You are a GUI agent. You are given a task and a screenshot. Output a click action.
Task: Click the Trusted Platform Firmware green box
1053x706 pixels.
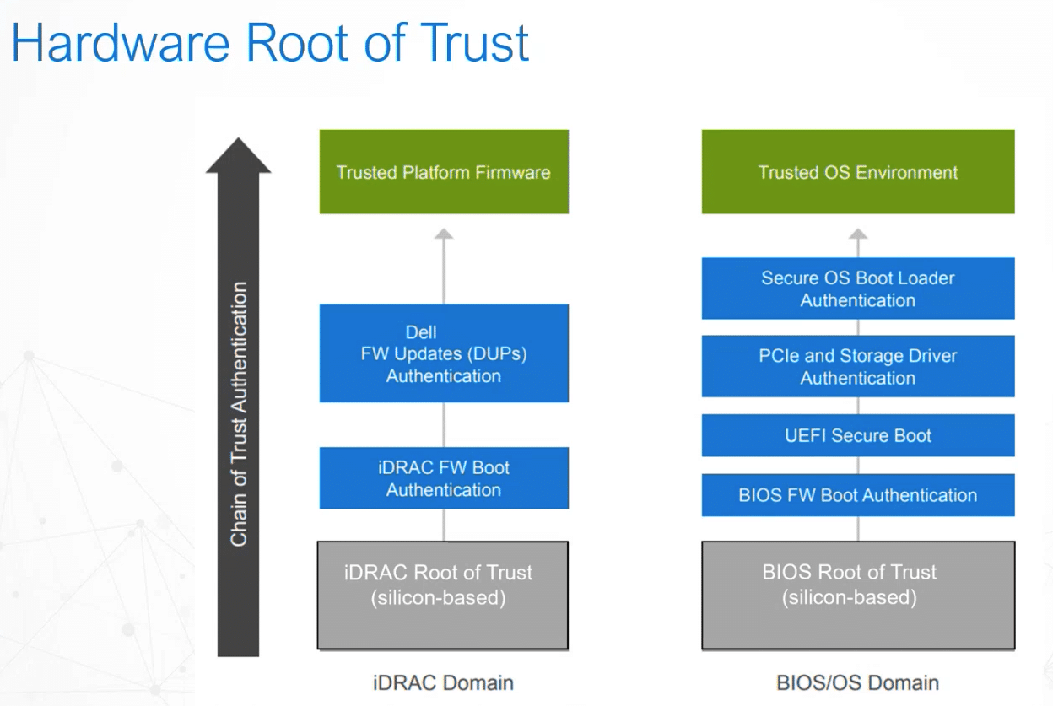click(x=444, y=172)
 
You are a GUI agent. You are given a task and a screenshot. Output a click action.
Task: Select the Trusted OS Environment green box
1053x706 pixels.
click(x=858, y=172)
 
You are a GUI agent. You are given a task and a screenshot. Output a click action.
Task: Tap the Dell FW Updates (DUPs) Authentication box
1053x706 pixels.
click(x=444, y=353)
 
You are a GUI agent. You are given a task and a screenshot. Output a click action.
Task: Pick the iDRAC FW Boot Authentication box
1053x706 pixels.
click(x=444, y=478)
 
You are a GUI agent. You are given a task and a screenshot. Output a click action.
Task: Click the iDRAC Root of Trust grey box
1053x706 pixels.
click(x=443, y=596)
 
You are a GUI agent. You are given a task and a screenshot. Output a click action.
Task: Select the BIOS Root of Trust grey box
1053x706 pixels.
click(x=858, y=596)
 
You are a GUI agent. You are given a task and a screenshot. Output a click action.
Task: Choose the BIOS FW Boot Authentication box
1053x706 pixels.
click(x=858, y=495)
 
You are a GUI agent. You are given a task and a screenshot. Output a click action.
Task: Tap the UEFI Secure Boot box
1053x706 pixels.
click(x=858, y=436)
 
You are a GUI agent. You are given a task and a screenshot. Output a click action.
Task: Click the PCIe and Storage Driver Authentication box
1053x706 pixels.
click(x=858, y=367)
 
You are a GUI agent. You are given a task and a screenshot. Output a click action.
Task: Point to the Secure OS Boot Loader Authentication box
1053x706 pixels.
click(x=858, y=288)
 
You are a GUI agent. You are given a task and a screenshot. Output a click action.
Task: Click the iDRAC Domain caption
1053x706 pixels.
click(x=443, y=683)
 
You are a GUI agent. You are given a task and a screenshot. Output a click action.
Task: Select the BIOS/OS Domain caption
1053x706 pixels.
click(x=858, y=683)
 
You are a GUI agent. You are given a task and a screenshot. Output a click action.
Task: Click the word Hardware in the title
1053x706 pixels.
click(x=121, y=43)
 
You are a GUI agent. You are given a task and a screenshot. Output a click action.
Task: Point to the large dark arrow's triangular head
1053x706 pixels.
click(x=238, y=155)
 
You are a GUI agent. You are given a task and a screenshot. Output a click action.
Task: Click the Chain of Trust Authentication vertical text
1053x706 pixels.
click(x=239, y=414)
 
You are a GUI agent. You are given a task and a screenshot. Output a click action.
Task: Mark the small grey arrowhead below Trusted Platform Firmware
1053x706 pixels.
click(x=444, y=234)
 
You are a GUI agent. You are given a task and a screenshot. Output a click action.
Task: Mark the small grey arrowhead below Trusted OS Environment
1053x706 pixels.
click(x=858, y=234)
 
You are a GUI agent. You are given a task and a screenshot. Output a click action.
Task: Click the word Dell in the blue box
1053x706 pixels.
click(x=421, y=332)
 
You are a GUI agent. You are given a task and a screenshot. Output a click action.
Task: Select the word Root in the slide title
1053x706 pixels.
click(x=297, y=43)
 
